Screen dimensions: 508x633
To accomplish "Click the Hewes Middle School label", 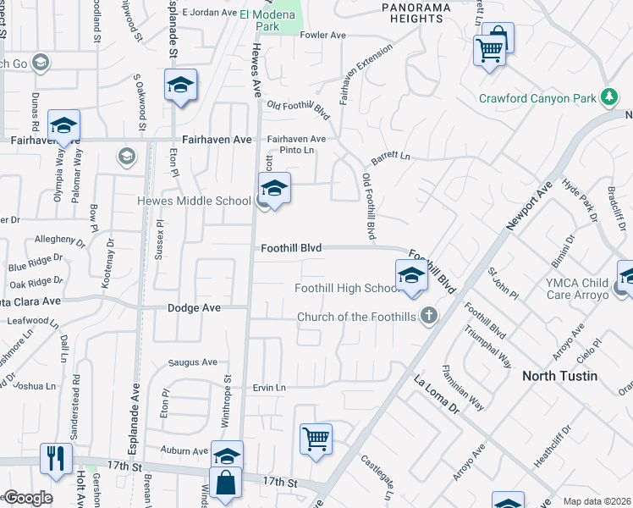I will pyautogui.click(x=195, y=202).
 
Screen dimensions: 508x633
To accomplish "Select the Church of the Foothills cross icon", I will pyautogui.click(x=430, y=317).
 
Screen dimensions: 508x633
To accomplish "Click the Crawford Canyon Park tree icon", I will pyautogui.click(x=608, y=97).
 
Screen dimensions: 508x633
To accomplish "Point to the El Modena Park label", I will pyautogui.click(x=258, y=19).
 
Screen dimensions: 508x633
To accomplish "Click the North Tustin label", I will pyautogui.click(x=559, y=376).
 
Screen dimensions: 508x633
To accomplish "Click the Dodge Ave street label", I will pyautogui.click(x=194, y=308).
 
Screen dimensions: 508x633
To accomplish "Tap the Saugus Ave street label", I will pyautogui.click(x=193, y=362).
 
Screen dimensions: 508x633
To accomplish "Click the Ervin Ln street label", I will pyautogui.click(x=269, y=388).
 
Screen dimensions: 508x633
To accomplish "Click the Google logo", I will pyautogui.click(x=27, y=498).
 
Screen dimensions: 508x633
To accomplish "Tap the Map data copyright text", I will pyautogui.click(x=597, y=501).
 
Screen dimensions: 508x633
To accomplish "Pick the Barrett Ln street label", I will pyautogui.click(x=390, y=158).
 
